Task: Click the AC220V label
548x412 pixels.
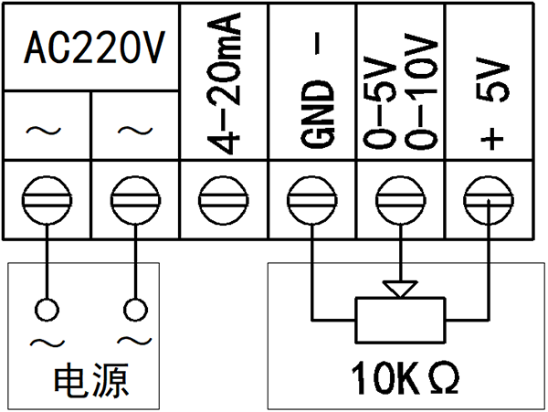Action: pos(92,48)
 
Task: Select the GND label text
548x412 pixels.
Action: pos(313,118)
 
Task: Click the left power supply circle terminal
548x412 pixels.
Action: pos(47,308)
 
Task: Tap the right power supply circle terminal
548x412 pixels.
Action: pos(135,308)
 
